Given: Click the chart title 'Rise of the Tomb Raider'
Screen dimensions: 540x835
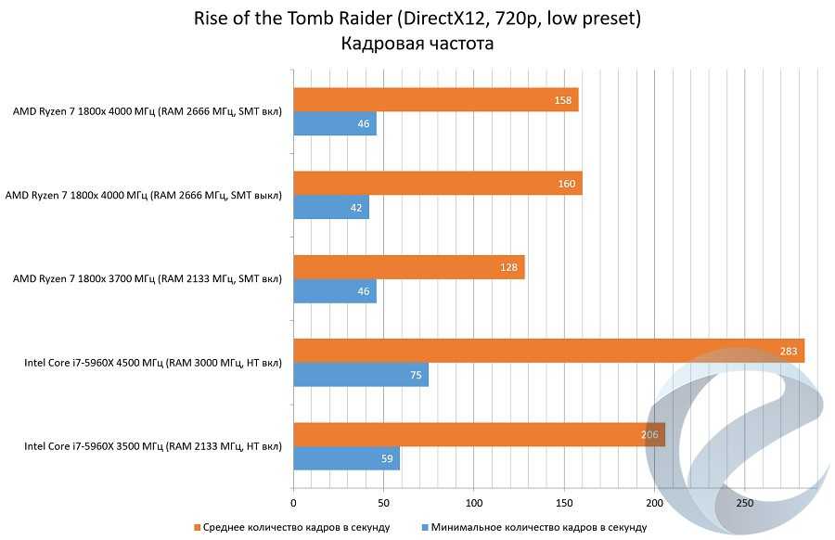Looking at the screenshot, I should (417, 19).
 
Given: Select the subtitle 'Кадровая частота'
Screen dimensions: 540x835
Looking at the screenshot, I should (417, 43).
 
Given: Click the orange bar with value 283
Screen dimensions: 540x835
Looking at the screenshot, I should (548, 351).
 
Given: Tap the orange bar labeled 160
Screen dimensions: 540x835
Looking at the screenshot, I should (437, 184).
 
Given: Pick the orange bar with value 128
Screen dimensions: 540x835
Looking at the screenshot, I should (408, 267).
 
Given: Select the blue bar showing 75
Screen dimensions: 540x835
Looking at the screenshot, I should (361, 375).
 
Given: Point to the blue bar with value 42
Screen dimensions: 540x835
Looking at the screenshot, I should (331, 208).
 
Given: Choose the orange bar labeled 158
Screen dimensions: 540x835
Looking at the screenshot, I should (435, 100).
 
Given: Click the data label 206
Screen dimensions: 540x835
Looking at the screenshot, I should (650, 435).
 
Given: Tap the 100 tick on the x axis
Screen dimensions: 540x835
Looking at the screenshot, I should (473, 503).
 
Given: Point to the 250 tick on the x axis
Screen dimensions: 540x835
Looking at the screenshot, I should (744, 503).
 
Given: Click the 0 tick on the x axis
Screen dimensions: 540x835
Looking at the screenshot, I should (293, 503).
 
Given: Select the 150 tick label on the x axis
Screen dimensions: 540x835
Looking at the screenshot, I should (564, 503).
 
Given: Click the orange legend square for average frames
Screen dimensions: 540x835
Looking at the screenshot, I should (198, 528).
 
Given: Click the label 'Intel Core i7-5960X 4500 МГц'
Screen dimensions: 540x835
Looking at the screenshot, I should (153, 363).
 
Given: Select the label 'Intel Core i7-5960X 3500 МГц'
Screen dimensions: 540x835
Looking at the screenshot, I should (153, 446).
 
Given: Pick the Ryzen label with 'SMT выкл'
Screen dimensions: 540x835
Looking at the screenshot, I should (144, 196).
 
